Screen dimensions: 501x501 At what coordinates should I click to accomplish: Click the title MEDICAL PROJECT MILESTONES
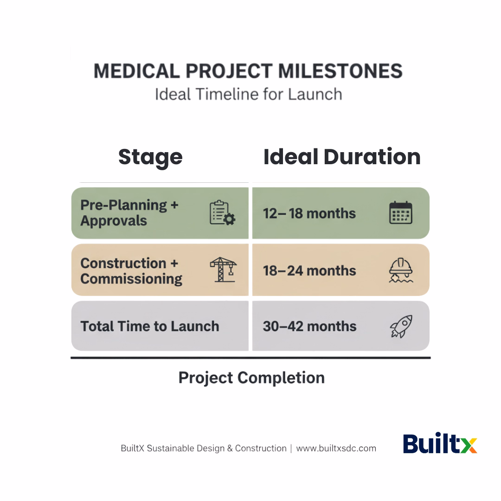pyautogui.click(x=248, y=71)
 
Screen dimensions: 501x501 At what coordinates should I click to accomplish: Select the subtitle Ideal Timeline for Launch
pyautogui.click(x=248, y=94)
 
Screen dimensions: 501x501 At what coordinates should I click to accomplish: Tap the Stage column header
pyautogui.click(x=150, y=157)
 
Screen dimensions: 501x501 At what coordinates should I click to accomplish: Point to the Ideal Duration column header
pyautogui.click(x=342, y=157)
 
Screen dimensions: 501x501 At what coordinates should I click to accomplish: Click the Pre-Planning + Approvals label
pyautogui.click(x=129, y=213)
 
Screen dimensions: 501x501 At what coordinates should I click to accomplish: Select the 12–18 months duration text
pyautogui.click(x=309, y=213)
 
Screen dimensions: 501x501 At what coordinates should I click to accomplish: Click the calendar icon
pyautogui.click(x=401, y=213)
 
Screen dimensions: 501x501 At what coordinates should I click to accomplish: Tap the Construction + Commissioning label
pyautogui.click(x=131, y=271)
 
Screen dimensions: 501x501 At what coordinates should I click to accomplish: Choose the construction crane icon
pyautogui.click(x=223, y=270)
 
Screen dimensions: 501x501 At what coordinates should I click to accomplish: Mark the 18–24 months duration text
pyautogui.click(x=309, y=271)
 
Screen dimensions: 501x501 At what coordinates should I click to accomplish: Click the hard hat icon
pyautogui.click(x=401, y=270)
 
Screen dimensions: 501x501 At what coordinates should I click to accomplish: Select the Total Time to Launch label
pyautogui.click(x=150, y=326)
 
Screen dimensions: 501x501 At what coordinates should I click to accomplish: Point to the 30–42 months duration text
pyautogui.click(x=309, y=326)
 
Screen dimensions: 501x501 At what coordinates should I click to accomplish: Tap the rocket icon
pyautogui.click(x=401, y=326)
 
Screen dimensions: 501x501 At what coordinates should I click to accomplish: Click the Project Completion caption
pyautogui.click(x=251, y=378)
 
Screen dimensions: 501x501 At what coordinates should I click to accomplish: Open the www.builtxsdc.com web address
pyautogui.click(x=336, y=449)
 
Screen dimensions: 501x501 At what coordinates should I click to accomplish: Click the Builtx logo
pyautogui.click(x=440, y=443)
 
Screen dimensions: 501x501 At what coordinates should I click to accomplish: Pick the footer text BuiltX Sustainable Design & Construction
pyautogui.click(x=204, y=449)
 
